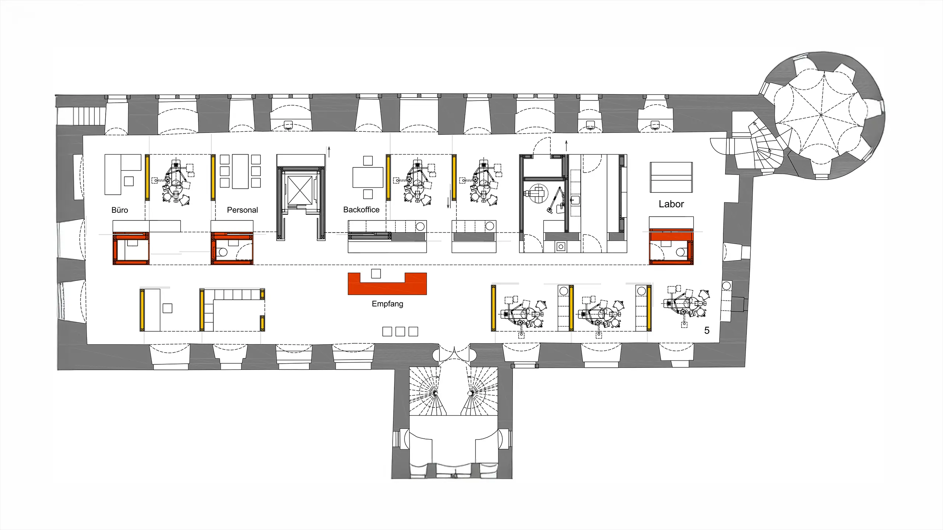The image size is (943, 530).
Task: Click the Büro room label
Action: [120, 210]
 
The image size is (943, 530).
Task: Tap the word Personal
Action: [242, 210]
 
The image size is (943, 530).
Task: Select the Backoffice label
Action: [361, 210]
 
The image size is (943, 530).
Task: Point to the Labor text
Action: [671, 204]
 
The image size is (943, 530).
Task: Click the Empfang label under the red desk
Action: [388, 304]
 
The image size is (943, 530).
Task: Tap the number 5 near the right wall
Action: [707, 331]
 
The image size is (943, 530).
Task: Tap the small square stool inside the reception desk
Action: [376, 273]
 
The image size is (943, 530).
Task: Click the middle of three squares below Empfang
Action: [400, 331]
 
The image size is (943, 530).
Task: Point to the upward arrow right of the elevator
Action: [329, 152]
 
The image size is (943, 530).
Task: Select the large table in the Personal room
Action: [240, 172]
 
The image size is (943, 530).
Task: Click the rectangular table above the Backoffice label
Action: [368, 177]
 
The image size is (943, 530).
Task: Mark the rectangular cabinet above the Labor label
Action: [671, 177]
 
